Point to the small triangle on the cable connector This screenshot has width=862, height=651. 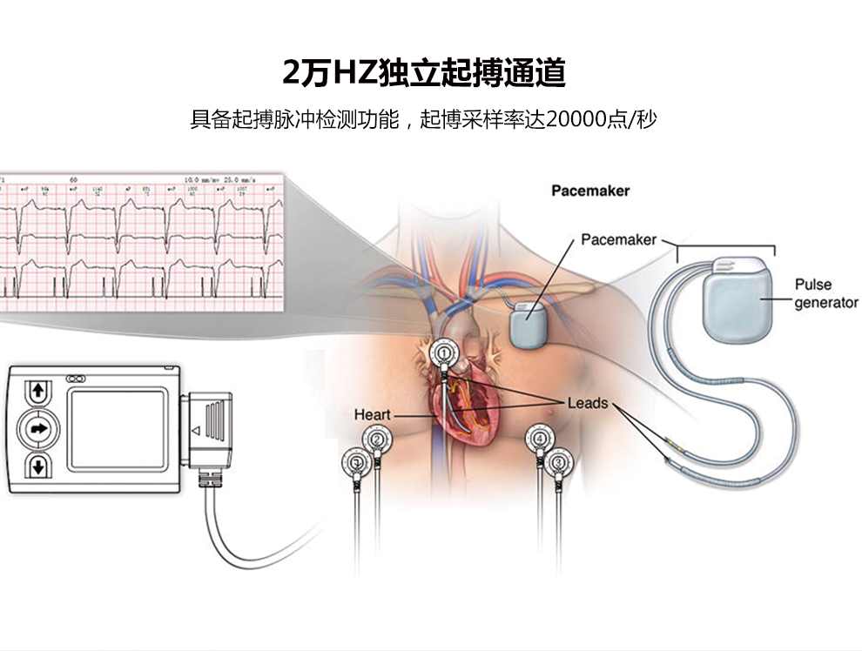click(x=196, y=430)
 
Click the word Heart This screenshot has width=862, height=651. click(x=372, y=415)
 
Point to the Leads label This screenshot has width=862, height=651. click(x=587, y=403)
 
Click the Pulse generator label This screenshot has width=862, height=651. click(x=825, y=293)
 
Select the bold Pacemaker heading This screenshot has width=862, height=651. click(x=590, y=191)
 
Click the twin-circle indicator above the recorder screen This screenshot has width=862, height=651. click(x=75, y=378)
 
